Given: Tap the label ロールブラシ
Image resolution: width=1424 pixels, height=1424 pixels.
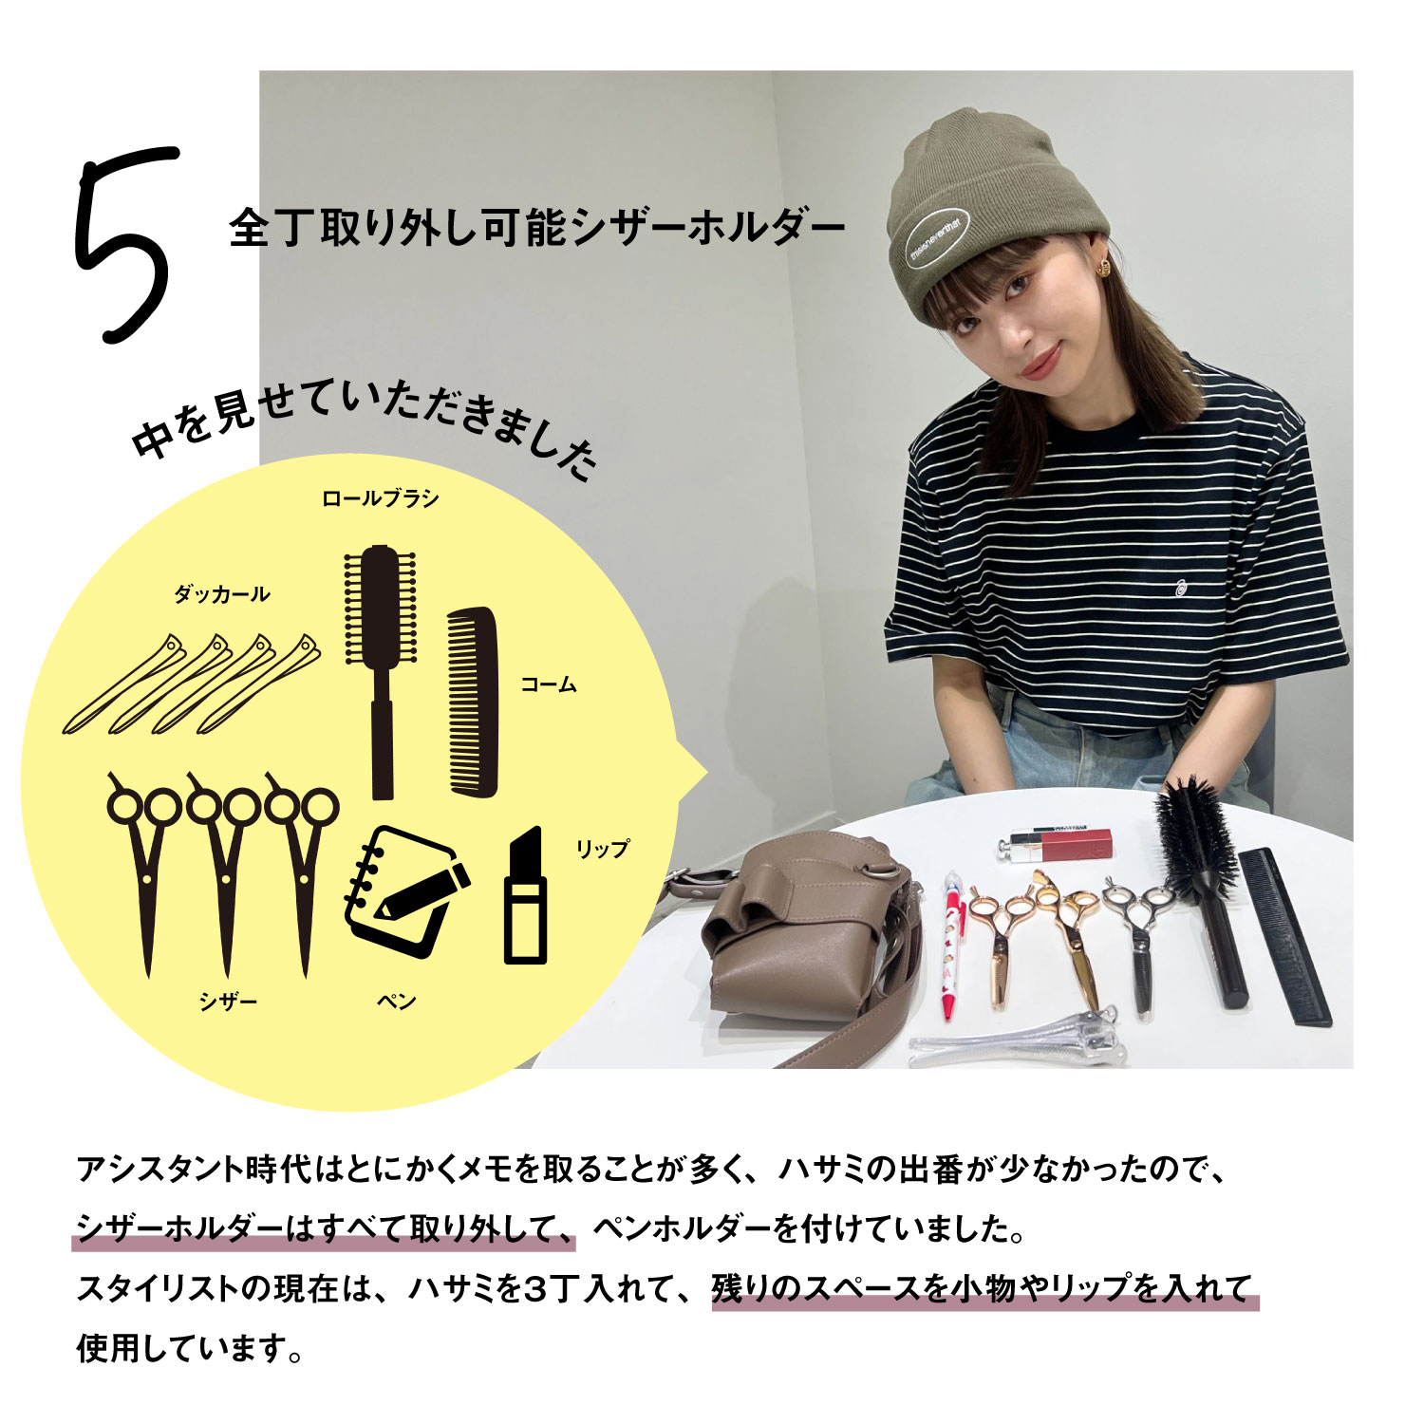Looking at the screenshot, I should (x=380, y=498).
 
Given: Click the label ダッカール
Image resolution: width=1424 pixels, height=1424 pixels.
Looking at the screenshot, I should (x=221, y=594).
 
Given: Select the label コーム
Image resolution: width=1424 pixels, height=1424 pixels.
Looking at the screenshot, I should (x=549, y=684).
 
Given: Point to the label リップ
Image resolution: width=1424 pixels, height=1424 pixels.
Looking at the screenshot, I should (x=602, y=849).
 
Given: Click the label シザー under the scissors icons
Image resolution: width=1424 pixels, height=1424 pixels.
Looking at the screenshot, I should (x=228, y=1002).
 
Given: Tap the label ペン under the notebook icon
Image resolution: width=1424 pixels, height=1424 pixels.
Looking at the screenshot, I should (x=397, y=1002).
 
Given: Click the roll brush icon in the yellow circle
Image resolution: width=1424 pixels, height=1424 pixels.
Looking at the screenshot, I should (x=381, y=665).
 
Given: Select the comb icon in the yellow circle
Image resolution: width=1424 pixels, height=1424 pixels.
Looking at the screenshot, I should (x=473, y=703).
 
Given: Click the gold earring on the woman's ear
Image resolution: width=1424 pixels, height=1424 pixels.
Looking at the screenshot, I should (x=1103, y=268).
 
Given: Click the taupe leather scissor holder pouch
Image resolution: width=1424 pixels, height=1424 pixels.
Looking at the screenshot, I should (x=807, y=940).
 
